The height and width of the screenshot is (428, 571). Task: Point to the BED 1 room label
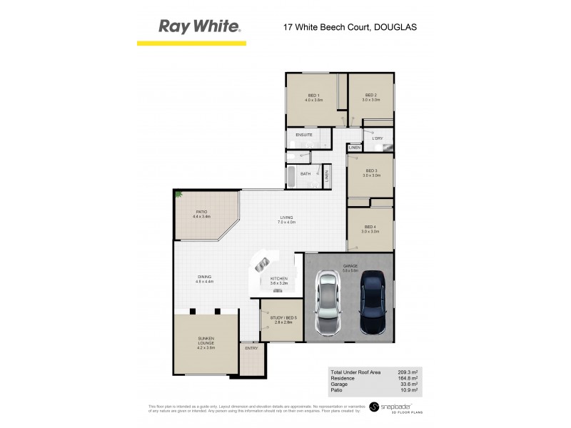tap(314, 96)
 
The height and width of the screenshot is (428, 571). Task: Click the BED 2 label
tap(370, 96)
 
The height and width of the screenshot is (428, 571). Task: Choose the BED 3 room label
tap(370, 170)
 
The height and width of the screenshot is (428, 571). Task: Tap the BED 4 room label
tap(370, 227)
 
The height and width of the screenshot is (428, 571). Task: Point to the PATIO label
tap(202, 212)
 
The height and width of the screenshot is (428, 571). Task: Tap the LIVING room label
tap(286, 218)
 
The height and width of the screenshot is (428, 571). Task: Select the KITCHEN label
tap(279, 278)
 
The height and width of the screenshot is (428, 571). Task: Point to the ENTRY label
tap(251, 348)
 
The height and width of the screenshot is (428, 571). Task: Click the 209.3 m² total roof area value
tap(408, 372)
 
